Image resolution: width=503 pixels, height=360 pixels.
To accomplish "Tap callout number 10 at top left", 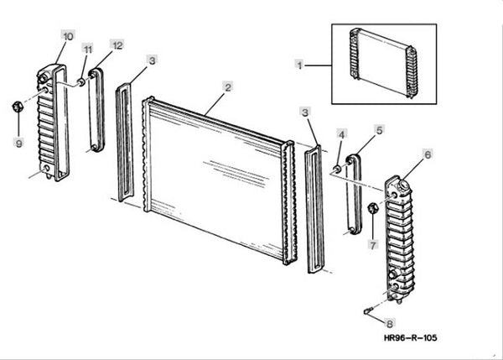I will pyautogui.click(x=68, y=36).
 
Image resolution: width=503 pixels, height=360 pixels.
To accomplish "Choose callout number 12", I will pyautogui.click(x=117, y=44).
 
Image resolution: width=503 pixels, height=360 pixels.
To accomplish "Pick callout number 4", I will pyautogui.click(x=341, y=133).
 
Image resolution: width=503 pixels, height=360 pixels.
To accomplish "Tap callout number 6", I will pyautogui.click(x=427, y=154).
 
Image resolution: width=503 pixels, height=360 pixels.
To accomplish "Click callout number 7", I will pyautogui.click(x=373, y=244).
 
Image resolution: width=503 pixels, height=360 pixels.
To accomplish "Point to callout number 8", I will pyautogui.click(x=389, y=322).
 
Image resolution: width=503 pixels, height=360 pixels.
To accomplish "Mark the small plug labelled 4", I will pyautogui.click(x=337, y=170).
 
